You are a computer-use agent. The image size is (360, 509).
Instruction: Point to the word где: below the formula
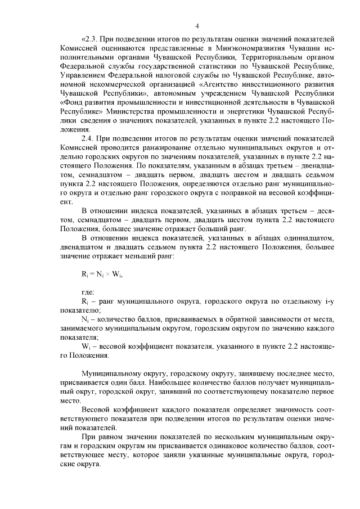88,292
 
